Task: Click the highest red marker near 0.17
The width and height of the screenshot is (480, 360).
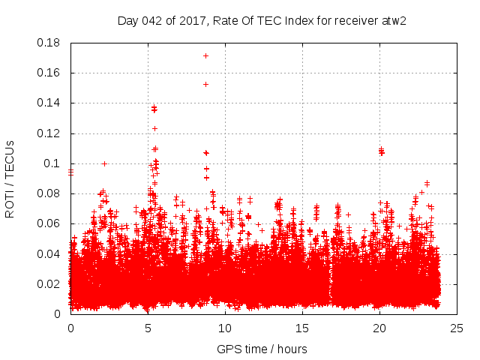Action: point(205,56)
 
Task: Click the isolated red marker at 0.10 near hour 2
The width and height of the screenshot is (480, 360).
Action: point(105,163)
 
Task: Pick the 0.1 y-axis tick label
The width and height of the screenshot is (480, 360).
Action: point(54,163)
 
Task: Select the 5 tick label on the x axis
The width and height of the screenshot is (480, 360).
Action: point(148,328)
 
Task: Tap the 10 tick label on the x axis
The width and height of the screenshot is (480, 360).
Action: point(225,328)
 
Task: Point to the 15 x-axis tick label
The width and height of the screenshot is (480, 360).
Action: point(302,328)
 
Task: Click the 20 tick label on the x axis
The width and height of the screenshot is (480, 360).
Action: point(379,328)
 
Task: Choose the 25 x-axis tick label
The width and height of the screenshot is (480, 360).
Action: point(457,328)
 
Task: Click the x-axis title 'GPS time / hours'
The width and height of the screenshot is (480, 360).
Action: point(262,349)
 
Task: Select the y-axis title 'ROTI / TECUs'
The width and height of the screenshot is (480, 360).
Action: point(10,178)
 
